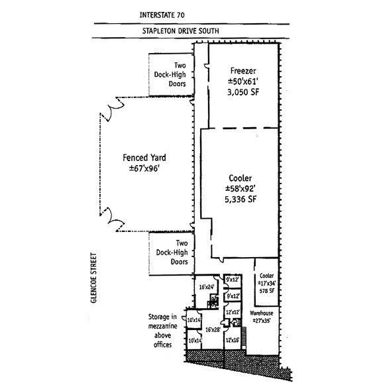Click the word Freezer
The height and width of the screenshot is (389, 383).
243,70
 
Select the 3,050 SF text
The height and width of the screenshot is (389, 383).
243,94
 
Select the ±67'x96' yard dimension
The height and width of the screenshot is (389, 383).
144,170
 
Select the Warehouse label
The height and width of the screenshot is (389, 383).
262,312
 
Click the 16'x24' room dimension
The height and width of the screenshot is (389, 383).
207,287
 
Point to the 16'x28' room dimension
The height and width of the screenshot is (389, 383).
211,329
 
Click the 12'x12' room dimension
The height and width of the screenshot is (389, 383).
232,312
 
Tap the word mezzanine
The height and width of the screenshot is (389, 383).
162,335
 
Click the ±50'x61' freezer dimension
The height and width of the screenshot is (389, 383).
243,82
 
